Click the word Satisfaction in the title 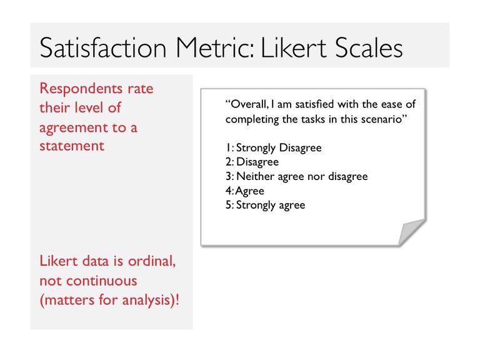click(103, 47)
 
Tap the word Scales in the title click(369, 47)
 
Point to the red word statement click(72, 146)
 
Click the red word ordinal click(152, 261)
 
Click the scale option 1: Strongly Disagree click(273, 148)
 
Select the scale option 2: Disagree click(252, 162)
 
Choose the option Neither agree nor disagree click(302, 176)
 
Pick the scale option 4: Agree click(244, 191)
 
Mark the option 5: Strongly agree click(265, 205)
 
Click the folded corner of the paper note click(410, 232)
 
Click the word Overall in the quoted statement click(249, 104)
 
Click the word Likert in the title click(294, 47)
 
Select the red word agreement click(74, 128)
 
